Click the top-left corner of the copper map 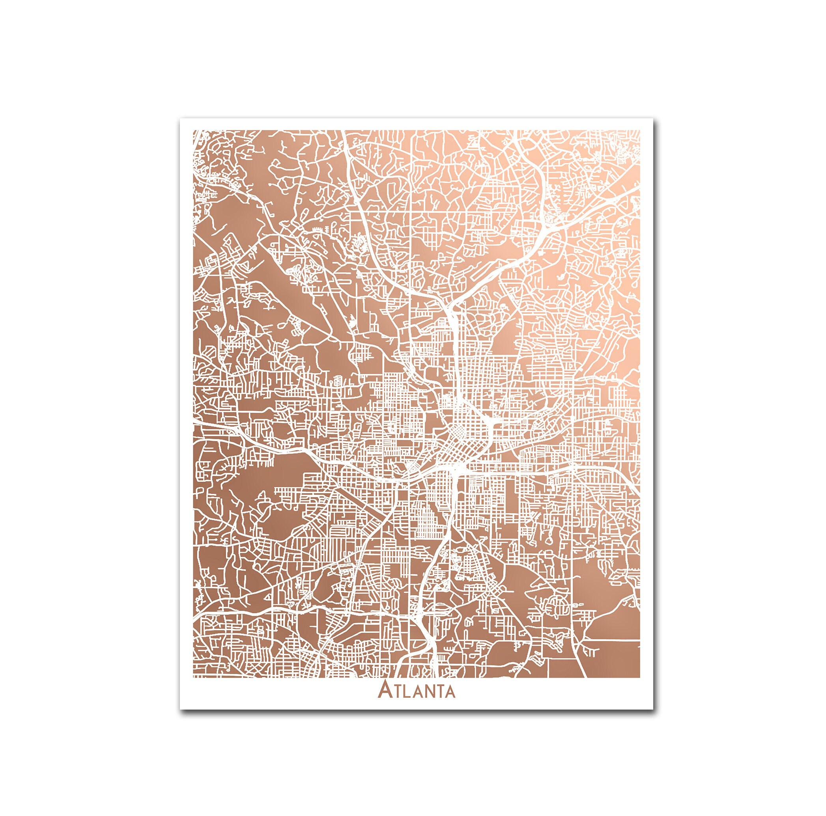coord(193,130)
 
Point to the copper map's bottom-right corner coord(639,678)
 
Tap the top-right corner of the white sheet coord(653,119)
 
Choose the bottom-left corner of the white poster coord(180,710)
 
